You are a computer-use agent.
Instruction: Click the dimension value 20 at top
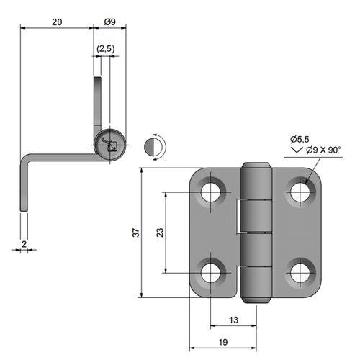57,22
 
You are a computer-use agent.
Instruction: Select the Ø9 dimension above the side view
109,22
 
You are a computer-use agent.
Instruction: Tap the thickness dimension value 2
24,244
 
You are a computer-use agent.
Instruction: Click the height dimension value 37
136,233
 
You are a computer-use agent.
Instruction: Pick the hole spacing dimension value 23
160,233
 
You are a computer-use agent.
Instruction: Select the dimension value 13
233,320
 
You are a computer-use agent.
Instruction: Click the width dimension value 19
223,342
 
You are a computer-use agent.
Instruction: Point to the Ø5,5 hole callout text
300,139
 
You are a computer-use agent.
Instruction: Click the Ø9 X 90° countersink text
323,150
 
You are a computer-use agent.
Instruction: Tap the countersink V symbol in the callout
297,150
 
